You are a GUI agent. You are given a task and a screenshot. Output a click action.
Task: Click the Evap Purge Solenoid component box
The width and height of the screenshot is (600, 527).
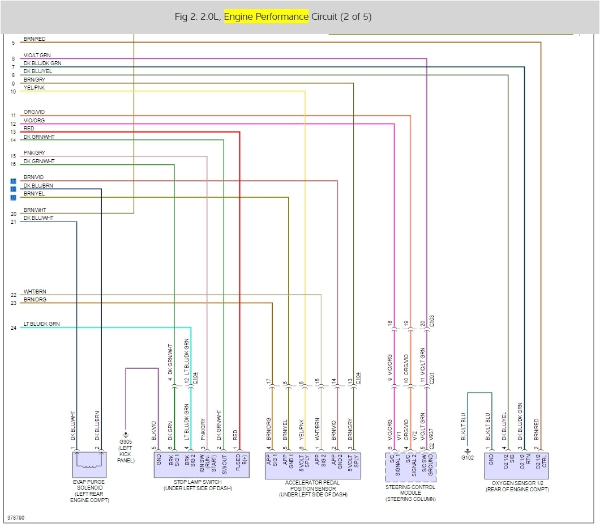89,465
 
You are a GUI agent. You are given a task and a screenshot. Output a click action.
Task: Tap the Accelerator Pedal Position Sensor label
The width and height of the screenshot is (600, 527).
312,488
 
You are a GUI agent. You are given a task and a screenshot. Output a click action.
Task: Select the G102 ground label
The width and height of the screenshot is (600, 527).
467,456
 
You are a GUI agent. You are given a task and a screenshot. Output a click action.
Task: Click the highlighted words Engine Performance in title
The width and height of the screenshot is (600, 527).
266,17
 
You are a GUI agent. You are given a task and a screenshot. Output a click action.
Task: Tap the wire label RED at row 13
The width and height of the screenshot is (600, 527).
29,129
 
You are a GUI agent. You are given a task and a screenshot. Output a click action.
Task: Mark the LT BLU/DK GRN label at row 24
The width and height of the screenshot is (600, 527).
41,324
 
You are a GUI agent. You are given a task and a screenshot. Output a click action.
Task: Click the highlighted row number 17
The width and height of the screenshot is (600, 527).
13,181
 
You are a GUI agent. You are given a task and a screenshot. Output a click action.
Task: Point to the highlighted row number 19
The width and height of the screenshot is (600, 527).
13,197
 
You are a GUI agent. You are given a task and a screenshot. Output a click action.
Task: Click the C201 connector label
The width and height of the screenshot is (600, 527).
432,379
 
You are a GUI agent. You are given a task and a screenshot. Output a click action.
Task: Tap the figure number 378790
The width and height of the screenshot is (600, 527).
15,517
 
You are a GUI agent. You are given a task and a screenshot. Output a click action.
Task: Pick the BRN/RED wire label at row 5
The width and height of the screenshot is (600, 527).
35,39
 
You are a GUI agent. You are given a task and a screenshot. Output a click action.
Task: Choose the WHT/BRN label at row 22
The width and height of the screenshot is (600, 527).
35,291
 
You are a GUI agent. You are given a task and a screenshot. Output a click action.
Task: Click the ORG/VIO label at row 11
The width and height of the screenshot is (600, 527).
34,112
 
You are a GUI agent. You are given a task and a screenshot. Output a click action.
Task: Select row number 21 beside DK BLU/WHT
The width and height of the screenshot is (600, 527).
13,222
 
